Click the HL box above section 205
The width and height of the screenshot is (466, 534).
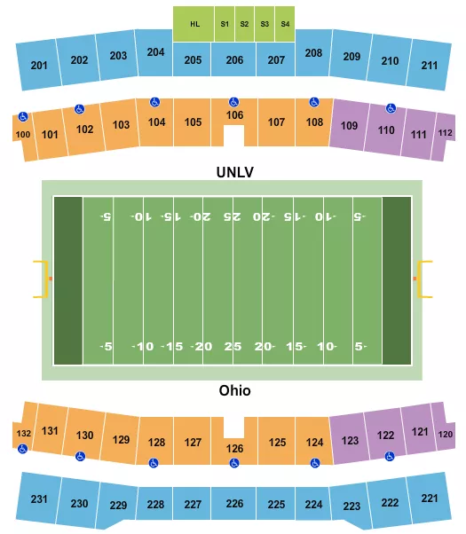pos(194,23)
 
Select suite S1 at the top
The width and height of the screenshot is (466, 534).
pos(225,23)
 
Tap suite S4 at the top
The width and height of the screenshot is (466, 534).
pos(284,23)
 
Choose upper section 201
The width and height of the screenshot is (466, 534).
pos(39,65)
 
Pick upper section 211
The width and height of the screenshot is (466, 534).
pos(430,65)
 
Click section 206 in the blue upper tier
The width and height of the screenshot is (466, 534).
pos(234,59)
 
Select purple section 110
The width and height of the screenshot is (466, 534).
pos(386,130)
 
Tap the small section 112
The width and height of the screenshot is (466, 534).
pos(445,133)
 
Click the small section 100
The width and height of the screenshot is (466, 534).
pos(22,134)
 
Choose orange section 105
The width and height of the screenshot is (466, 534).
pos(194,122)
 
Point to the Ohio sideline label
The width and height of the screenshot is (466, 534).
pos(234,390)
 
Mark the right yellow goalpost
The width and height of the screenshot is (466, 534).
pos(425,279)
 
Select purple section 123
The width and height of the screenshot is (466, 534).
pos(350,439)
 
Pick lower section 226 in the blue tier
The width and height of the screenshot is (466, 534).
pos(234,504)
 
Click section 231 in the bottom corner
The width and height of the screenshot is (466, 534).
pos(39,499)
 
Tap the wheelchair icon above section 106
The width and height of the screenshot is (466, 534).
pos(234,101)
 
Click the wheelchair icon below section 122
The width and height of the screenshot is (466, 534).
pos(389,457)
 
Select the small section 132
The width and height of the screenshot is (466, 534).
pos(22,434)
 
